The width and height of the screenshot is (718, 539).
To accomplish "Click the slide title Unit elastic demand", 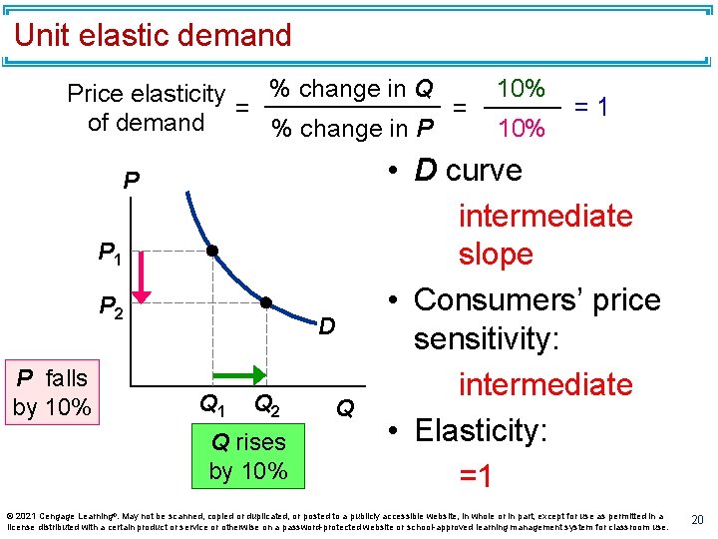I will (153, 36).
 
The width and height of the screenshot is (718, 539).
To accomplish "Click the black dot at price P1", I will (212, 251).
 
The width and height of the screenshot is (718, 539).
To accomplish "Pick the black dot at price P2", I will (266, 301).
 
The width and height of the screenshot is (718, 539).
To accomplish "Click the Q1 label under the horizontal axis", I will (212, 404).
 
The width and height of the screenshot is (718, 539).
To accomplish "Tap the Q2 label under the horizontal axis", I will (266, 404).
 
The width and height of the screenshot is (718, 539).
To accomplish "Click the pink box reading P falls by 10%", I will (52, 392).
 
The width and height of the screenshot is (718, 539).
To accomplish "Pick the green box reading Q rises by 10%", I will (247, 456).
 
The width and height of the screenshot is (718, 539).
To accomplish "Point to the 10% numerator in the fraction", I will (521, 88).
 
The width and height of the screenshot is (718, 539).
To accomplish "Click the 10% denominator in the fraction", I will (521, 128).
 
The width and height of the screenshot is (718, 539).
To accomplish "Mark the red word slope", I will (496, 255).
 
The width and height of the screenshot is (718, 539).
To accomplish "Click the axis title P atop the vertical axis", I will (131, 181).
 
